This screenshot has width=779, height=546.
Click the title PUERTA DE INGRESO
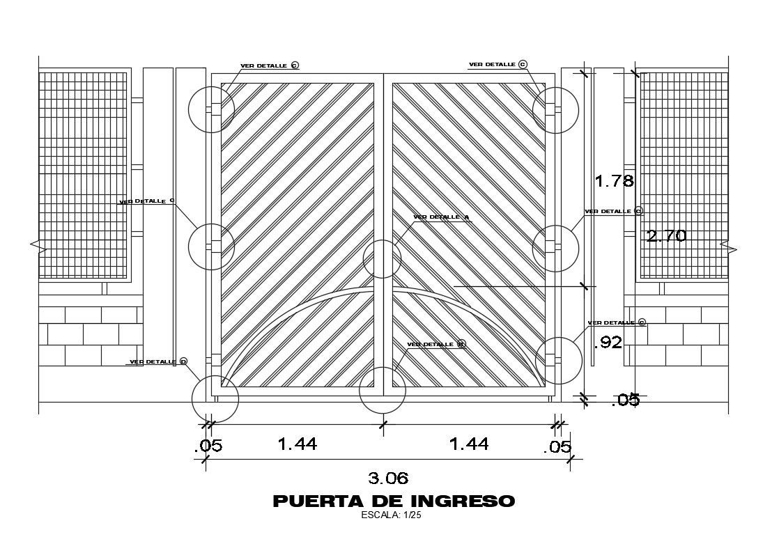click(394, 501)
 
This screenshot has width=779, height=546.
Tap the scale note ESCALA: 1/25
click(392, 516)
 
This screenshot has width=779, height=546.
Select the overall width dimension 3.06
click(388, 478)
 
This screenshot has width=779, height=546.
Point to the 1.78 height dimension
click(614, 182)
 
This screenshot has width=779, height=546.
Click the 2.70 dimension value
click(667, 236)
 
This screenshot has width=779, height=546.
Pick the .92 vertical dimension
click(607, 342)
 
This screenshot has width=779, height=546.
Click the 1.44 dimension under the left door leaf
click(298, 444)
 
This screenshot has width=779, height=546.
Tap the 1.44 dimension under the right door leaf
click(469, 444)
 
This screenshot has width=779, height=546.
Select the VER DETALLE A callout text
click(440, 217)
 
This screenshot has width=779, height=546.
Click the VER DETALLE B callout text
click(435, 344)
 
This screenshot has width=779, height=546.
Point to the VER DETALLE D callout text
click(158, 361)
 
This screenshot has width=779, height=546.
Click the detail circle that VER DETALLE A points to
click(382, 259)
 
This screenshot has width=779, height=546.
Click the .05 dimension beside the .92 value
click(625, 400)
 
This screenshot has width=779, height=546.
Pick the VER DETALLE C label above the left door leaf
click(269, 65)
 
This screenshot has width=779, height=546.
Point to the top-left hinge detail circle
click(212, 109)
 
